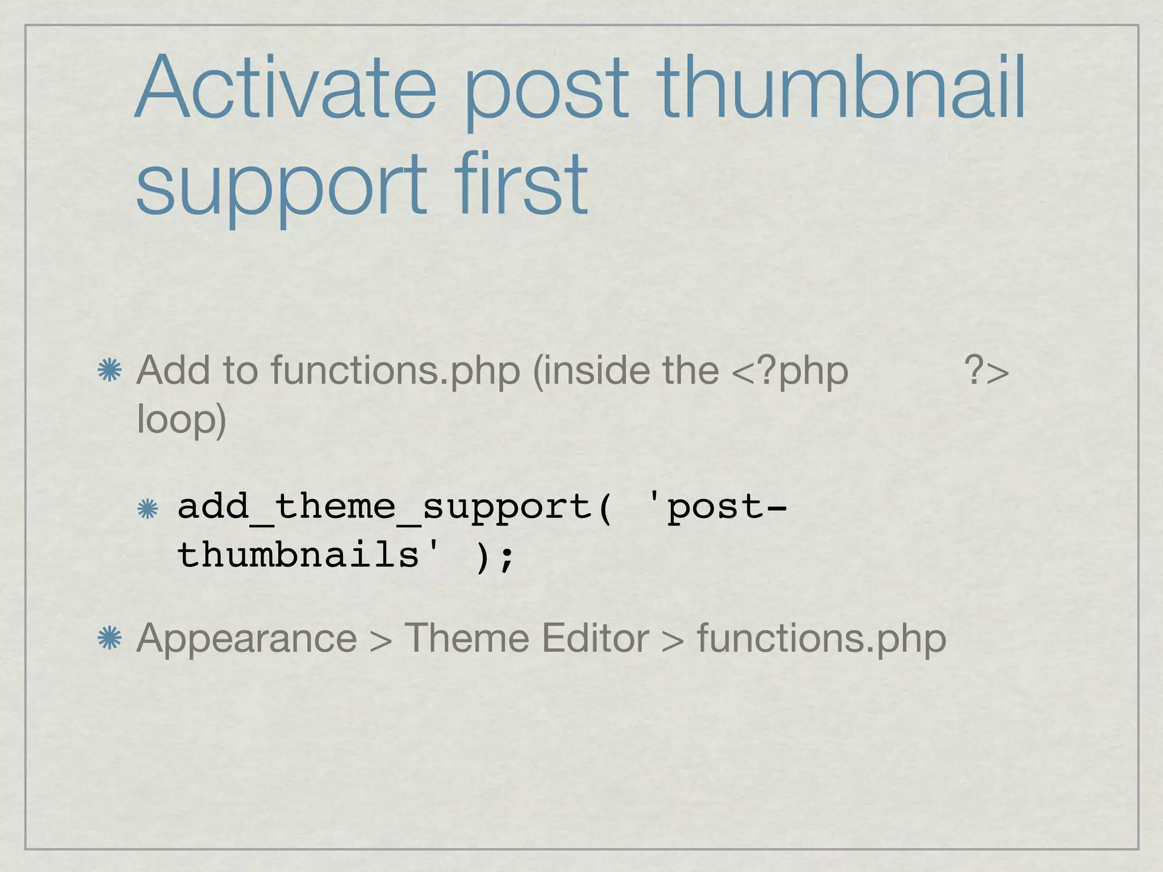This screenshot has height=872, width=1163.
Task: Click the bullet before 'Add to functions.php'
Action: tap(110, 371)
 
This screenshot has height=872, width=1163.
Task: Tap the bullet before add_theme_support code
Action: tap(148, 509)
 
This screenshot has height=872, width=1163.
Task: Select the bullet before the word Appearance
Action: tap(110, 639)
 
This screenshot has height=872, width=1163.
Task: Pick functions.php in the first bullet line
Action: tap(395, 371)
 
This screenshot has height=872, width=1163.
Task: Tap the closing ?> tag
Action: tap(986, 371)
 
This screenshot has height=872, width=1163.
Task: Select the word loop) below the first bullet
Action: tap(182, 420)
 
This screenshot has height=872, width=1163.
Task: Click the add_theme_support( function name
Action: tap(395, 507)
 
